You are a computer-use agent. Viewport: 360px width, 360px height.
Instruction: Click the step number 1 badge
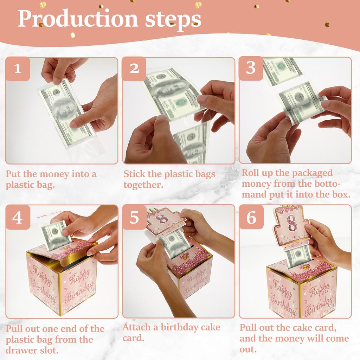tap(17, 69)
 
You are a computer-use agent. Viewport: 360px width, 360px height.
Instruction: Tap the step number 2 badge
tap(134, 69)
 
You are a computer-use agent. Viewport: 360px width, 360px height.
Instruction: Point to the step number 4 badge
tap(18, 218)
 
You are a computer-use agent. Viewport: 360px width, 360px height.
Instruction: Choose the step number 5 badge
tap(134, 218)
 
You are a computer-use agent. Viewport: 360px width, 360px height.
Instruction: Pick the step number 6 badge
tap(251, 218)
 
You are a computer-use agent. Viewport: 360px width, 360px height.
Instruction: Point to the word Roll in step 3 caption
tap(251, 173)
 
